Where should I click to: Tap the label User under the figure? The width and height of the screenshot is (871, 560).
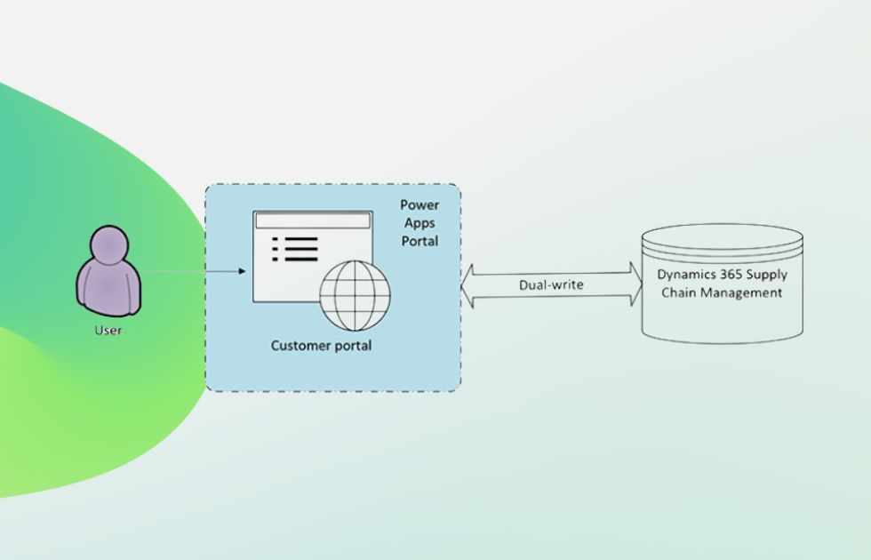[108, 331]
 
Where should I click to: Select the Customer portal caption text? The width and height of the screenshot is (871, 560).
[321, 345]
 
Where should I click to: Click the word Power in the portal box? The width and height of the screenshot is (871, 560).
[420, 205]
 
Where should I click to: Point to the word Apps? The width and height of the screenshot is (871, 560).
[420, 223]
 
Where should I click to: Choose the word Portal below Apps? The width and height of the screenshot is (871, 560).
[420, 241]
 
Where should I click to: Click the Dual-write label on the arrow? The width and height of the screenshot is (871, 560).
[551, 285]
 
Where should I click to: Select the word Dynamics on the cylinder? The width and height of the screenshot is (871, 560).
[685, 275]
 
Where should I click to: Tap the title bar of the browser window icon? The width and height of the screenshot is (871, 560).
[312, 219]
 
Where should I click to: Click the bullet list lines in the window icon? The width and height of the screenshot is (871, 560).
[296, 250]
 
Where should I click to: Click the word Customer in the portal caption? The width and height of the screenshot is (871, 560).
[300, 345]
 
